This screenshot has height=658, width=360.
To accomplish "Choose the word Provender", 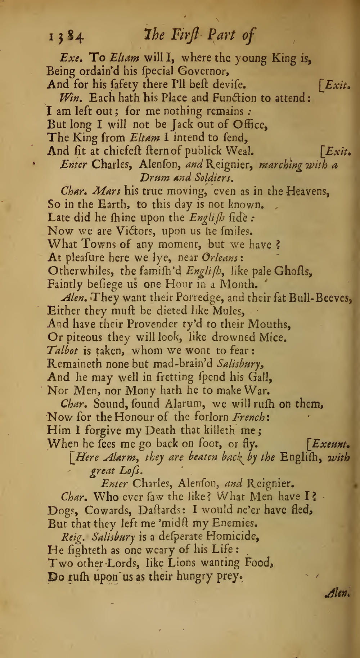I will click(x=148, y=324).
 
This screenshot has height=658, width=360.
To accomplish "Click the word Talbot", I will click(x=62, y=351).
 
